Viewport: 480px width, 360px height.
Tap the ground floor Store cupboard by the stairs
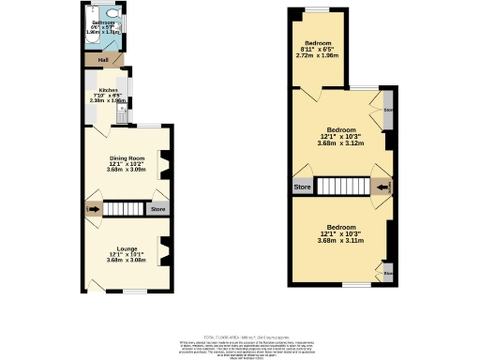(158, 209)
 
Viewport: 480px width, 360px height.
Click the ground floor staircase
(122, 208)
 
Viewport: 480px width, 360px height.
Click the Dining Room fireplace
(165, 165)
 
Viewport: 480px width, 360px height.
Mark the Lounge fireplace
(165, 251)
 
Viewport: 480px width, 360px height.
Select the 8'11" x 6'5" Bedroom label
(317, 44)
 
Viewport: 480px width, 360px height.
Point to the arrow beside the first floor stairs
(382, 187)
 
